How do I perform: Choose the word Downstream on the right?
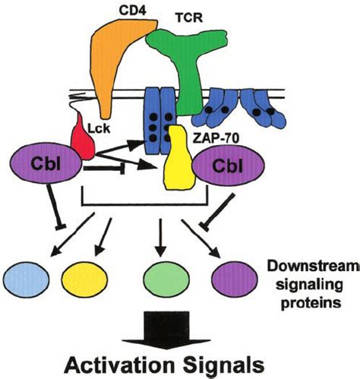point(312,267)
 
